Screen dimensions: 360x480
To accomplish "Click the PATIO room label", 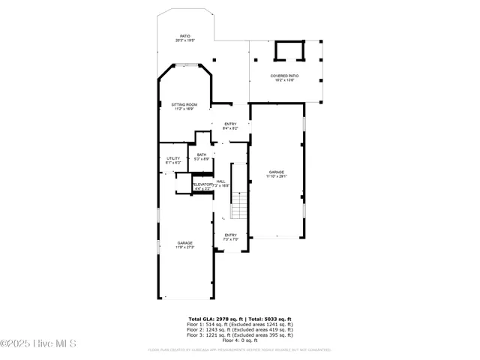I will click(184, 38).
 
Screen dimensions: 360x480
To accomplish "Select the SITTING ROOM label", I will click(184, 107).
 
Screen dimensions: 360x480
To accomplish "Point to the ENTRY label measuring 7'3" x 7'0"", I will click(230, 237).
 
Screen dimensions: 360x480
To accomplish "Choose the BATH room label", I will click(202, 157).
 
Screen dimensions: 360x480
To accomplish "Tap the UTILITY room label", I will click(173, 160).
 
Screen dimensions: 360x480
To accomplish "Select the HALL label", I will click(221, 182).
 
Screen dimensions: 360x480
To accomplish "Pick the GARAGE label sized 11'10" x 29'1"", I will click(277, 174).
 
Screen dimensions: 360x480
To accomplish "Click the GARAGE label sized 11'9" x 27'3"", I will click(184, 244).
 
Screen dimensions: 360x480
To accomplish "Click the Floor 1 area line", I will click(239, 325).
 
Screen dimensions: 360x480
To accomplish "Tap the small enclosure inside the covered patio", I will click(289, 51).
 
